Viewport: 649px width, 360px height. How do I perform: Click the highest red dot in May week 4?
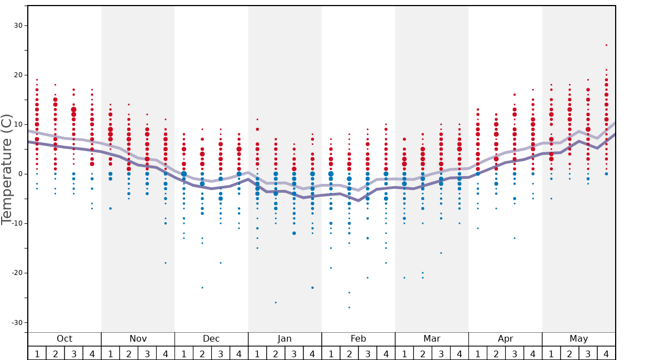point(606,45)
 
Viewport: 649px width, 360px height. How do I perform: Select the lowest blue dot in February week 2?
point(349,307)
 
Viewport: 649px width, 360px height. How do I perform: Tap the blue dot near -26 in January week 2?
point(276,302)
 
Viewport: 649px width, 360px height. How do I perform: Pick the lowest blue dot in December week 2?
point(202,287)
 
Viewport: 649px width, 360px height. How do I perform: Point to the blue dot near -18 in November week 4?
point(165,263)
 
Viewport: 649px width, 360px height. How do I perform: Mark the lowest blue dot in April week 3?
point(515,238)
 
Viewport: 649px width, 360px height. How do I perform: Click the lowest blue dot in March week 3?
point(441,253)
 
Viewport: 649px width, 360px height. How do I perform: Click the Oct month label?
point(64,339)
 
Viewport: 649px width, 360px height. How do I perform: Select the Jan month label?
point(284,339)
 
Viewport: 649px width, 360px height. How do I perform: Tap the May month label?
point(578,339)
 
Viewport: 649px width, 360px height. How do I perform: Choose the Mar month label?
point(432,339)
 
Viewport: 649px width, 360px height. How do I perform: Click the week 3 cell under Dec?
point(221,353)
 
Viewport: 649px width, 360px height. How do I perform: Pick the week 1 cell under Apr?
point(478,353)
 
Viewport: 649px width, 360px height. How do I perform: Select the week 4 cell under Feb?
point(386,353)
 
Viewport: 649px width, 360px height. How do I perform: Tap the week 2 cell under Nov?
point(129,353)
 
